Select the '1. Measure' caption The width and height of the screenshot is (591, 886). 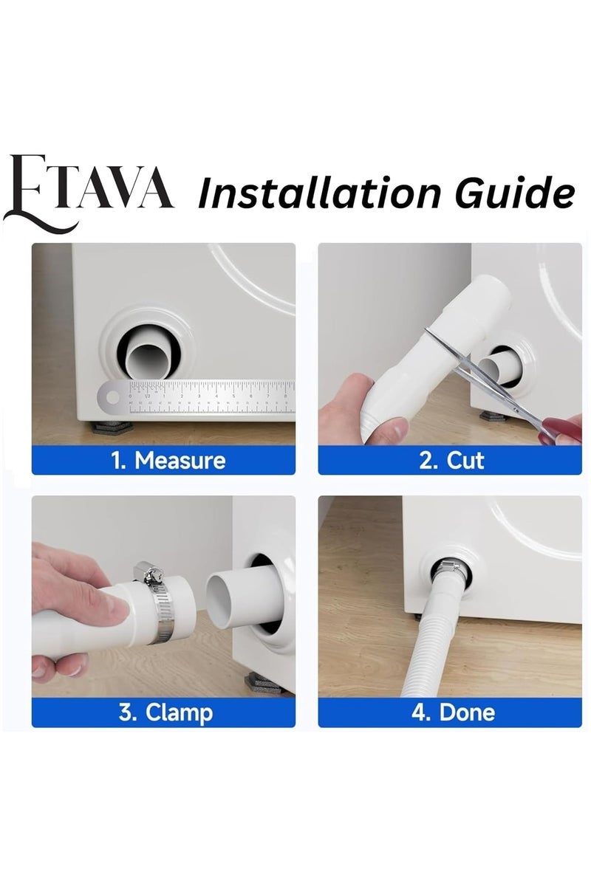click(168, 461)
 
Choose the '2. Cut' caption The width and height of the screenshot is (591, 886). click(451, 461)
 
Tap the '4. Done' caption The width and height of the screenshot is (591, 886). click(452, 712)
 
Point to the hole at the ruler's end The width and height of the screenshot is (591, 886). click(112, 399)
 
